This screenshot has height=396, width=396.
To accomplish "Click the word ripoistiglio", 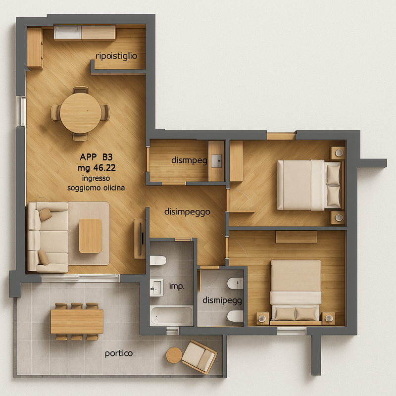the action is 116,56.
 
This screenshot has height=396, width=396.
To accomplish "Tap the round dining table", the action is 81,113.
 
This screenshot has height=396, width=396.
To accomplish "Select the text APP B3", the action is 96,157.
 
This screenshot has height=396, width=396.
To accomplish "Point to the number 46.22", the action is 104,168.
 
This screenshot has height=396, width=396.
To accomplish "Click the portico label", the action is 119,353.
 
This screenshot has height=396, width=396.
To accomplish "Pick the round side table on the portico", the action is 174,355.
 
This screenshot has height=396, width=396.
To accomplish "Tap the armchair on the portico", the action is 199,356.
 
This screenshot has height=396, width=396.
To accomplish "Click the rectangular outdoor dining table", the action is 77,321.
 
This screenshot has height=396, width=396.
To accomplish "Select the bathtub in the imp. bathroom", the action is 171,315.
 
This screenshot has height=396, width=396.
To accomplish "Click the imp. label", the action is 177,287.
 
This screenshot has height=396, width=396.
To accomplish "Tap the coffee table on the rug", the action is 91,236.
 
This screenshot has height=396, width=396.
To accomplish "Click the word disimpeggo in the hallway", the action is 187,212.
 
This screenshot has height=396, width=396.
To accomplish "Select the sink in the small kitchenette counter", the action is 216,161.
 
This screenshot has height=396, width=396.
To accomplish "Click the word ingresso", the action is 96,179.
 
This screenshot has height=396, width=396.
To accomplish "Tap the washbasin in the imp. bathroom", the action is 156,288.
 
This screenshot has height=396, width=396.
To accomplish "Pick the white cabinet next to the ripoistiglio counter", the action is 68,33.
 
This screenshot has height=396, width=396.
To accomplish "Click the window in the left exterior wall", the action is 21,111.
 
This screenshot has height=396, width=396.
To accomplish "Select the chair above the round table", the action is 80,90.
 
